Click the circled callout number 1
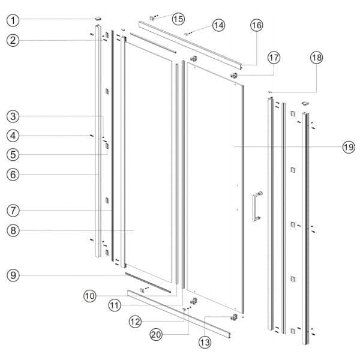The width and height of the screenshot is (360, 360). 13,20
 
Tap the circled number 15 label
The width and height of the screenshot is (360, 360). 178,19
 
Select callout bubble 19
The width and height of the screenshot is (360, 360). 349,147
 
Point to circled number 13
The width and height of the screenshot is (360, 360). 205,343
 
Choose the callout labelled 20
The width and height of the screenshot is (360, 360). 156,335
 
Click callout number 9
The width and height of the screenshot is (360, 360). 13,275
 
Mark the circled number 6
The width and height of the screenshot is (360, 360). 13,175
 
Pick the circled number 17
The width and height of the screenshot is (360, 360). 274,58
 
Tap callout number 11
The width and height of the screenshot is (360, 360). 115,305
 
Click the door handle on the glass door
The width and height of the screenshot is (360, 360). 257,206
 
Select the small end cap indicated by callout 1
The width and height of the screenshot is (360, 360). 98,18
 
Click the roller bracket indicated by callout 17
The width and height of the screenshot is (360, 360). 234,75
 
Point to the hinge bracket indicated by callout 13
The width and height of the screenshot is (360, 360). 234,317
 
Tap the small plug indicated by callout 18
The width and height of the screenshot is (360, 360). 270,92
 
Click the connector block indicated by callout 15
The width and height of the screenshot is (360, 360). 152,18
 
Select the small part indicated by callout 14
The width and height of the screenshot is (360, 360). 186,34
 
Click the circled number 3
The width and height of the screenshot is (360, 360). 13,116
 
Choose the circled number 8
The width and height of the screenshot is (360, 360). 13,230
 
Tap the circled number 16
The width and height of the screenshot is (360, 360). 256,25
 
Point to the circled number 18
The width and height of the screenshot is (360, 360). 317,58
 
